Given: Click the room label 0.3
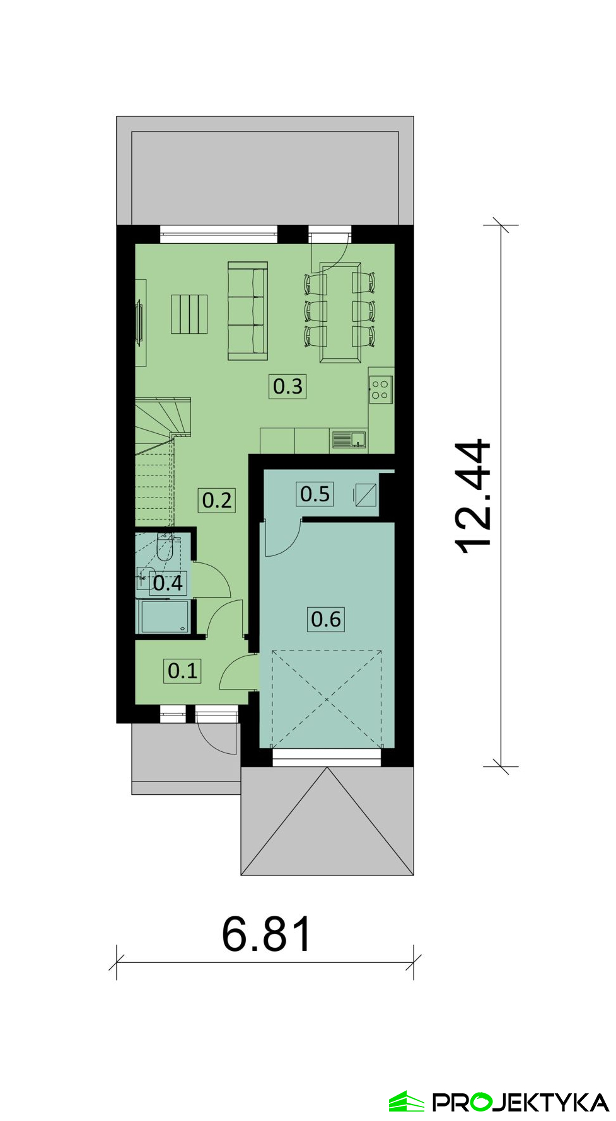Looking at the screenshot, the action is click(288, 385).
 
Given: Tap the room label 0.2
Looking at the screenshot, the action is click(217, 500).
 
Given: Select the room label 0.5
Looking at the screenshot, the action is click(315, 494).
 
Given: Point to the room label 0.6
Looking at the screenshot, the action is click(326, 619).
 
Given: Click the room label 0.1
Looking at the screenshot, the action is click(183, 671).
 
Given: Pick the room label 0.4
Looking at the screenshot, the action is click(168, 583).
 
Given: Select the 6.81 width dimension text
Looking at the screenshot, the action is click(267, 934).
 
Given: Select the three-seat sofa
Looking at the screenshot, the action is click(248, 311).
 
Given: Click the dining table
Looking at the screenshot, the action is click(340, 314).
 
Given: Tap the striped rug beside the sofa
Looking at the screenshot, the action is click(189, 314).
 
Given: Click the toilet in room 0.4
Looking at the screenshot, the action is click(165, 545).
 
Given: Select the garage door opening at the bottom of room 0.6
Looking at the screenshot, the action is click(327, 756).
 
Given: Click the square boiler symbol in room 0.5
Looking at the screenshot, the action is click(366, 494).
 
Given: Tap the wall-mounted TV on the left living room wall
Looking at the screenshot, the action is click(139, 322).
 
